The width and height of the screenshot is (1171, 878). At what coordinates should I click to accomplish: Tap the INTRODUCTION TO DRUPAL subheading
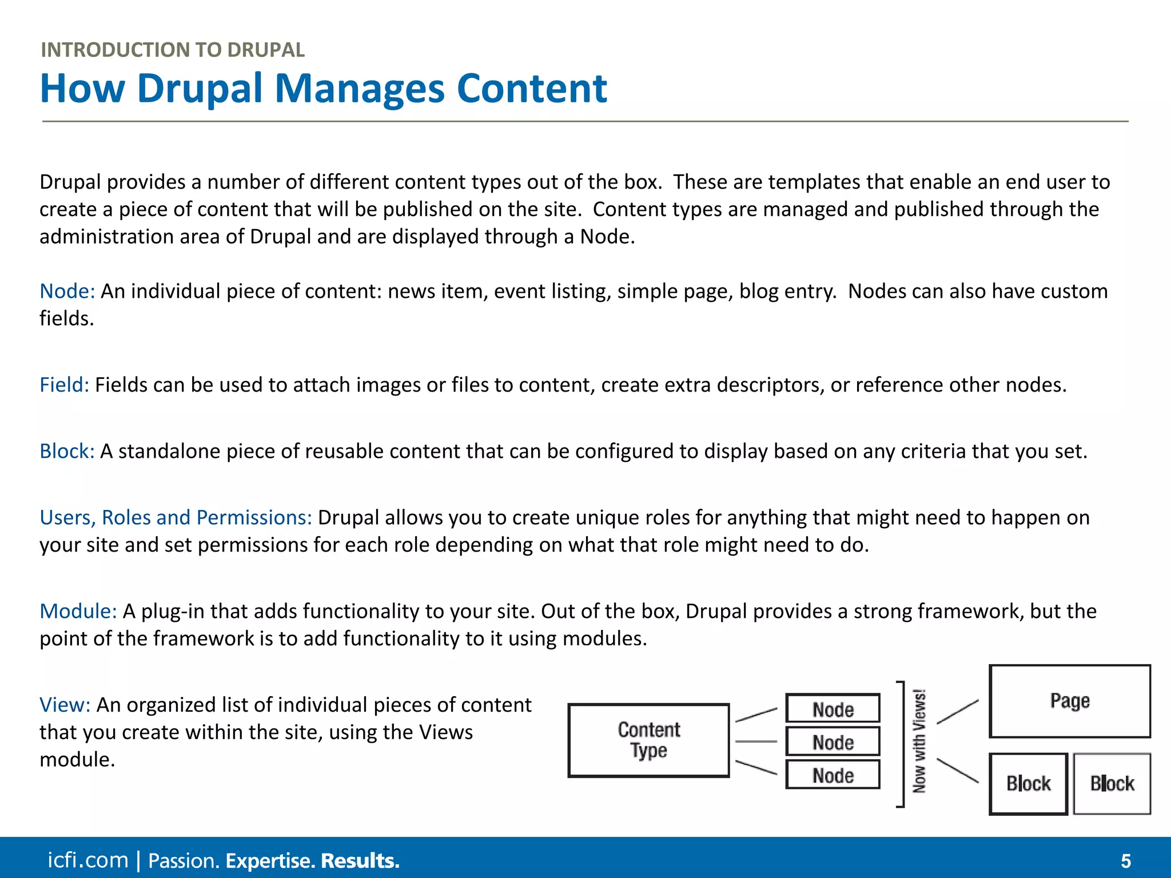pos(173,50)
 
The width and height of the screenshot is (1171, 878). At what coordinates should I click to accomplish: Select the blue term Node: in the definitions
pos(67,292)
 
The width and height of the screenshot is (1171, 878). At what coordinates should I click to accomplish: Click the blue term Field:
pos(64,385)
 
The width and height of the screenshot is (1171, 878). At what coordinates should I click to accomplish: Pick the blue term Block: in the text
pos(67,452)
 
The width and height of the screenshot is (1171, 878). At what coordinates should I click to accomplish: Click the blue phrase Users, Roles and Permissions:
pos(176,518)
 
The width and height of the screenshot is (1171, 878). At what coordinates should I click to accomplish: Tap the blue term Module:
pos(78,612)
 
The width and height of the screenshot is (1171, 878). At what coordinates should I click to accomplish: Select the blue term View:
pos(65,705)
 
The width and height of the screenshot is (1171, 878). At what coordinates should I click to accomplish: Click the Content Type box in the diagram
pos(648,740)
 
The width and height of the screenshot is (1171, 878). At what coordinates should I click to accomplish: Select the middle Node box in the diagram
pos(833,742)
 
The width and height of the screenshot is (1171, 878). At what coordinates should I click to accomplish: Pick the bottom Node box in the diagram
pos(833,775)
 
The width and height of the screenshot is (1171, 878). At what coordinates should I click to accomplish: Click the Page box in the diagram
pos(1069,701)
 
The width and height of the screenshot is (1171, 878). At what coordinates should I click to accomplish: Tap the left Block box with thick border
pos(1028,784)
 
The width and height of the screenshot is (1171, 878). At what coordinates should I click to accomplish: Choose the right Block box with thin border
pos(1112,784)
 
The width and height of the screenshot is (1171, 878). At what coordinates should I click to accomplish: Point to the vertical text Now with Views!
pos(919,742)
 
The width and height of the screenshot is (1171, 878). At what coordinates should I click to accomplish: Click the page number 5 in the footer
pos(1125,861)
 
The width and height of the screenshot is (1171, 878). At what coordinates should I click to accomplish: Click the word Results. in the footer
pos(360,861)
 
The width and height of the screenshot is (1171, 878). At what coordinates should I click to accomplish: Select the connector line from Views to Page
pos(958,712)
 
